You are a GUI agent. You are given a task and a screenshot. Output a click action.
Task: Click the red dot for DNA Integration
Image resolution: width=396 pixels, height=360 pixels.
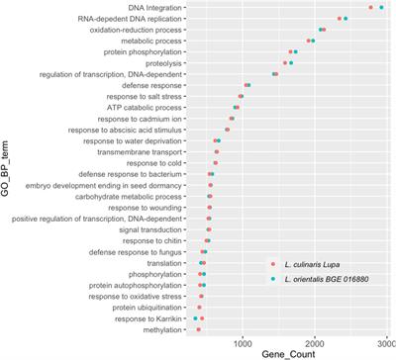coord(371,8)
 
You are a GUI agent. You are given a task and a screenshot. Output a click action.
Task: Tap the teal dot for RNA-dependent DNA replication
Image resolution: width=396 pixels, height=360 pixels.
coord(346,19)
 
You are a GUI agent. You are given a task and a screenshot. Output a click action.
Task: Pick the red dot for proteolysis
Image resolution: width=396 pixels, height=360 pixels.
coord(285,63)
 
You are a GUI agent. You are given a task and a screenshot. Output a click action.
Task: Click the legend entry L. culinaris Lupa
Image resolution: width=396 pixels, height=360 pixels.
coord(310,264)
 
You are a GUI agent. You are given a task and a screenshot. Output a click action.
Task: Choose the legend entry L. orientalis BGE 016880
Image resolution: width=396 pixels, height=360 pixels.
coord(326,281)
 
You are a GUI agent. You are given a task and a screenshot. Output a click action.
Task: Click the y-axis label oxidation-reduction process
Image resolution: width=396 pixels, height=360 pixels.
coord(129,30)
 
